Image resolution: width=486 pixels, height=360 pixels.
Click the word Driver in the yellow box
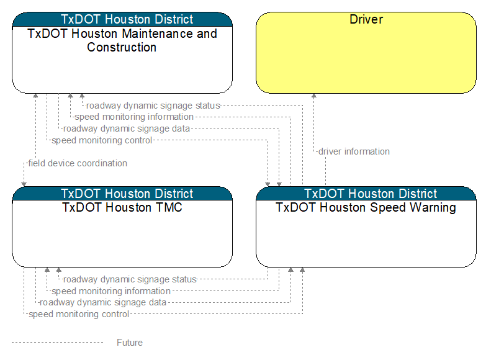366,19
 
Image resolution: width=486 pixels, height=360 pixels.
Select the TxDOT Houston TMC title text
122,207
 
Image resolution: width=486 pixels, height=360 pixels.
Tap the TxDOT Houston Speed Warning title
366,208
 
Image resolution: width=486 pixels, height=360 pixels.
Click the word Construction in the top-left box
122,47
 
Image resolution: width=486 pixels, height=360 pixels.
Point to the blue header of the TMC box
122,194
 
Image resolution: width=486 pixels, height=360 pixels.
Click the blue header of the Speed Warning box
366,194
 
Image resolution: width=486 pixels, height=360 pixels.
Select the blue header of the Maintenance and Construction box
122,19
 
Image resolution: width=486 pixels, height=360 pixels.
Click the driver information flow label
354,151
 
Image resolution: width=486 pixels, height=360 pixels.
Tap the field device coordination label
78,163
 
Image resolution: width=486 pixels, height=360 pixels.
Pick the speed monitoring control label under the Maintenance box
102,140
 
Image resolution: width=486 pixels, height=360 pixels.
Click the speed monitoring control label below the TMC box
79,314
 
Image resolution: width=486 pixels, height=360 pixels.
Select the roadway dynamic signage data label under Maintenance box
127,128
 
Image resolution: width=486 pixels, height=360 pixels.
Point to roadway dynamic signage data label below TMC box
103,302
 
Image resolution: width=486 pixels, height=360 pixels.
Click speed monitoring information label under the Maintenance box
134,117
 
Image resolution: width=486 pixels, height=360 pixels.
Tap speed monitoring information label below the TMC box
111,291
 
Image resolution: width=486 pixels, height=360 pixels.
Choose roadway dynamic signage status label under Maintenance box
153,106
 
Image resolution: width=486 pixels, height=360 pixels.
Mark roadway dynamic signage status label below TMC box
130,279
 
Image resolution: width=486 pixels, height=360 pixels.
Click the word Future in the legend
130,343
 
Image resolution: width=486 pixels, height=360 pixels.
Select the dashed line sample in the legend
57,343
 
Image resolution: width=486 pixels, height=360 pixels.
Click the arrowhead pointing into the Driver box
314,96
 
